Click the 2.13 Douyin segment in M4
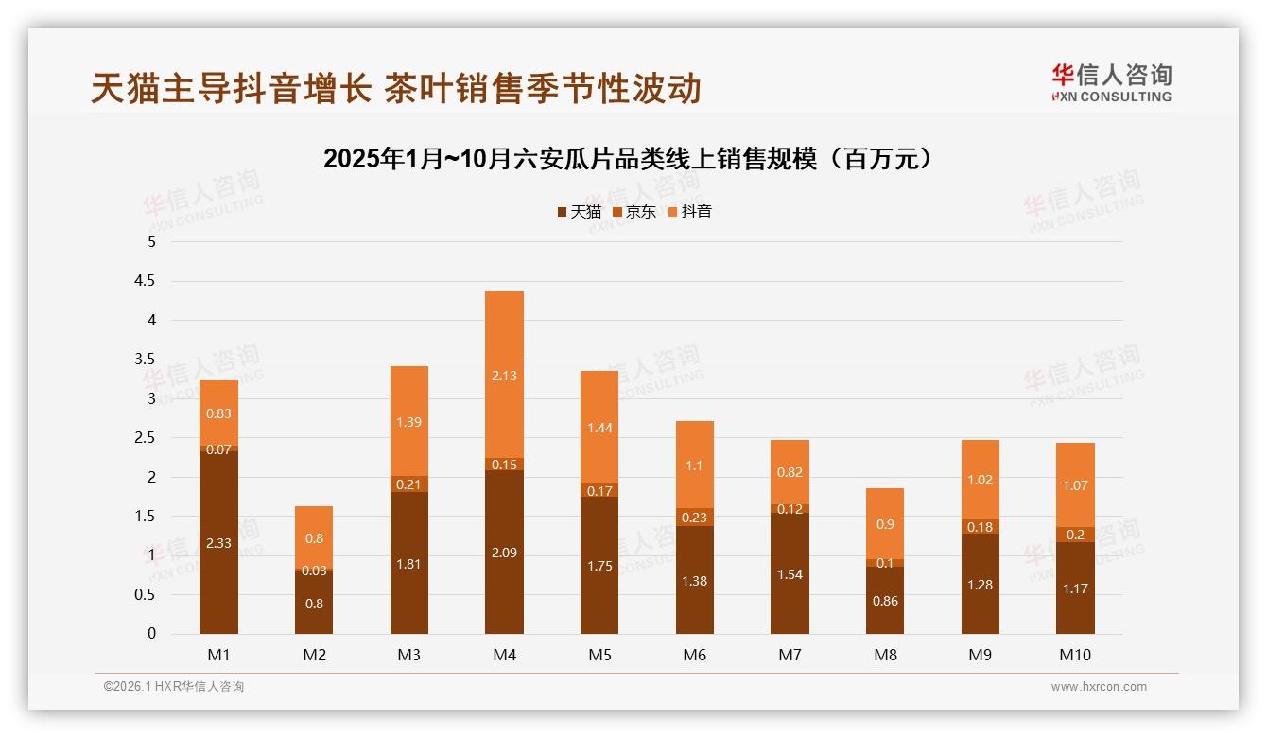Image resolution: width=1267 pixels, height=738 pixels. [x=504, y=375]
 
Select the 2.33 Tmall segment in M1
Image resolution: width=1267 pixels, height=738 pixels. [x=218, y=542]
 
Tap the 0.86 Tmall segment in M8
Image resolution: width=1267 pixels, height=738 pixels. [x=885, y=600]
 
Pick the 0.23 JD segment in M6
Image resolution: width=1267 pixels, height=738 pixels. [x=695, y=518]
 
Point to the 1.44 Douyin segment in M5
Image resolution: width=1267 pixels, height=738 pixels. [x=599, y=428]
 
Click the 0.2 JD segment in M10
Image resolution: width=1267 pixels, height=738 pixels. [x=1075, y=535]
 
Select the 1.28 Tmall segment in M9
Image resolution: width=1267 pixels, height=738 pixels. [x=981, y=584]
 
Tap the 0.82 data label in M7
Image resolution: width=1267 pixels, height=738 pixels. [x=790, y=472]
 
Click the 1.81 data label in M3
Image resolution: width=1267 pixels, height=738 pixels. [x=409, y=564]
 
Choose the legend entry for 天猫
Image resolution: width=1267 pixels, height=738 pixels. [x=579, y=212]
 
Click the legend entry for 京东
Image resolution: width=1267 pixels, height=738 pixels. [x=633, y=212]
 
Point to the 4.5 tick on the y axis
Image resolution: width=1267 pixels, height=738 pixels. [x=146, y=281]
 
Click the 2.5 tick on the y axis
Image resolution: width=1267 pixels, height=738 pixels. [x=146, y=438]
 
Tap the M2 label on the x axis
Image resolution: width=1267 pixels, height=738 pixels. [x=314, y=655]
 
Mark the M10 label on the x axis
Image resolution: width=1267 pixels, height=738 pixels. [x=1075, y=655]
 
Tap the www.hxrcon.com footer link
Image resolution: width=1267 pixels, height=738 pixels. [x=1099, y=687]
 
